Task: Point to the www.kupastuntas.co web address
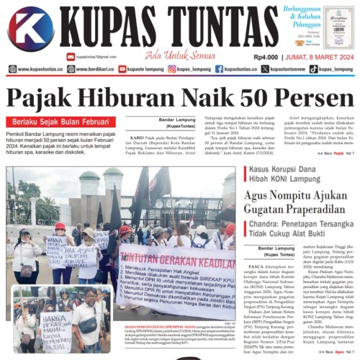40,70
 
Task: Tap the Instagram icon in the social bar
172,70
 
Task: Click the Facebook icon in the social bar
219,70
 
